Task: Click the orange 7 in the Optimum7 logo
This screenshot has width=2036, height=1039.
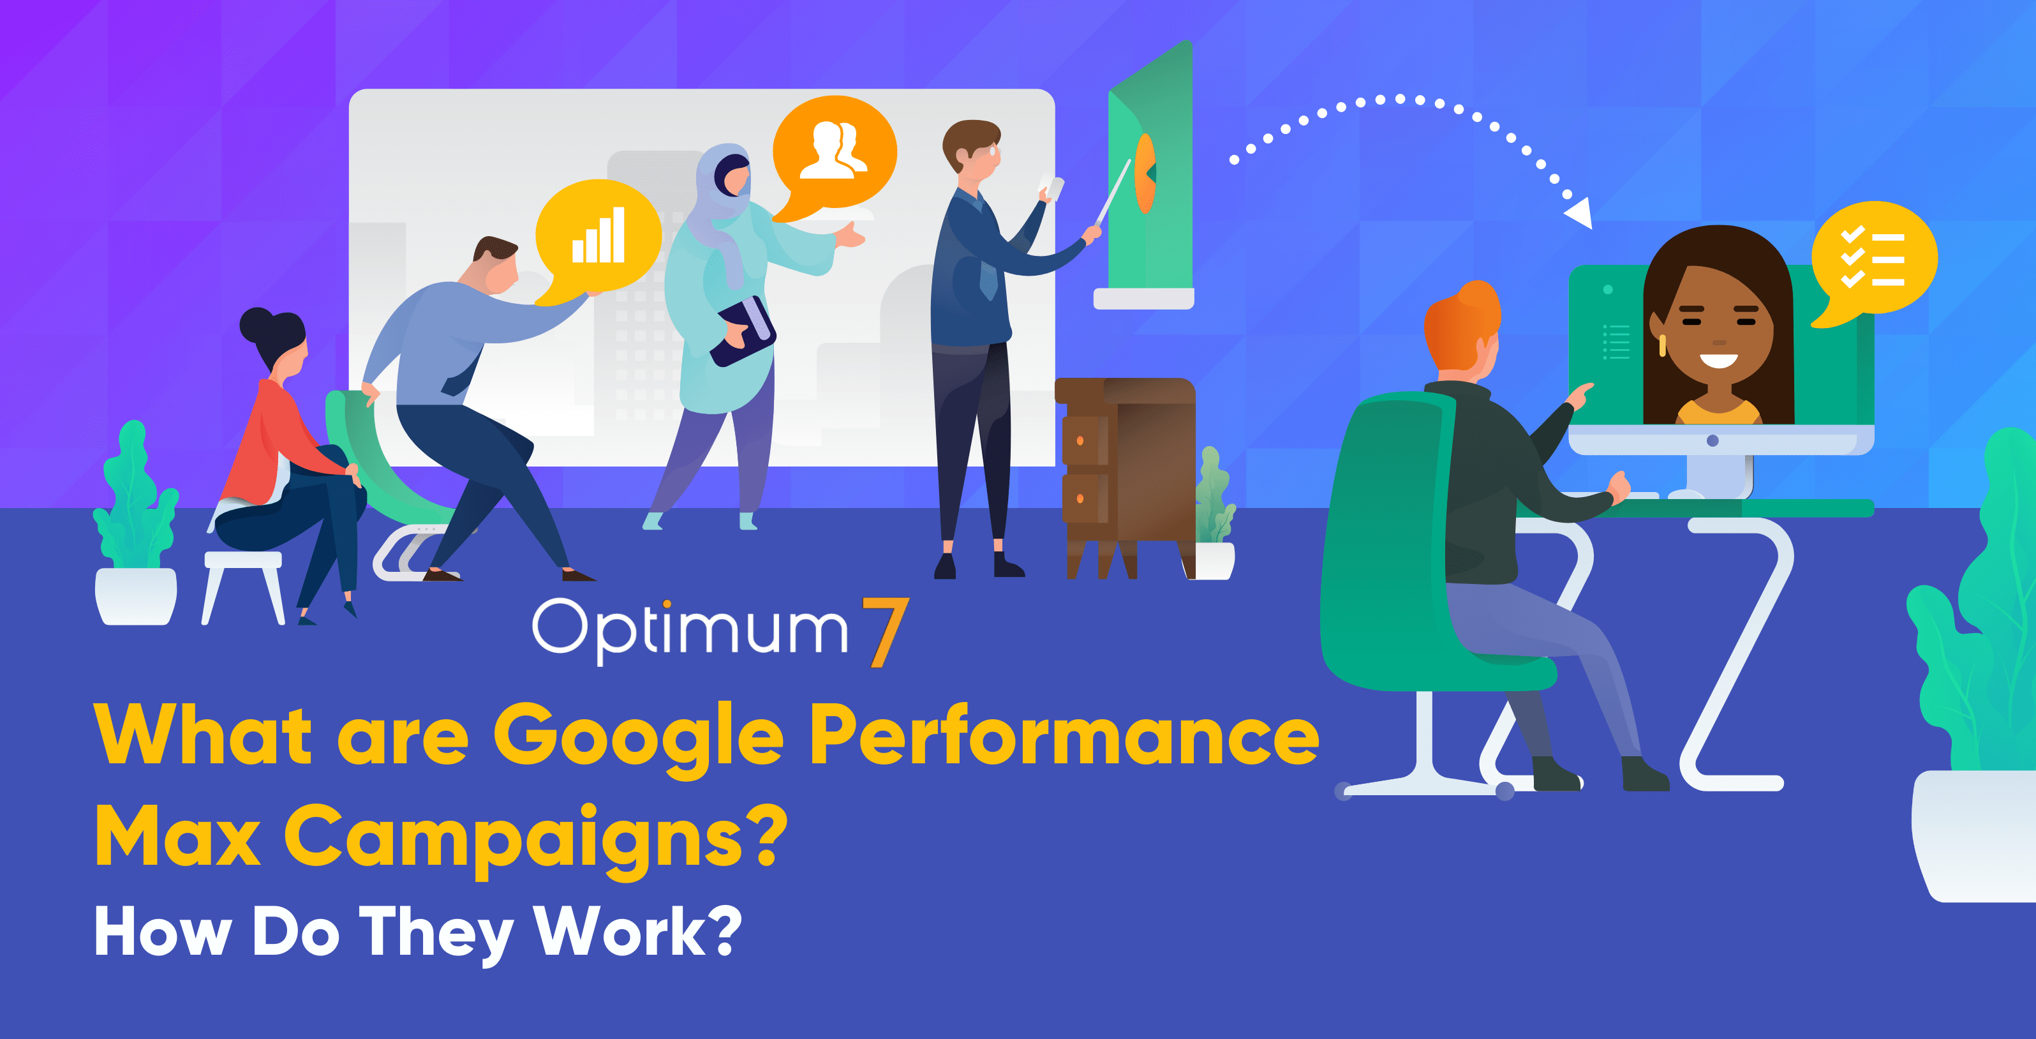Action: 885,632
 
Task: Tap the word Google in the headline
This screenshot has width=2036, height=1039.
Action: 639,739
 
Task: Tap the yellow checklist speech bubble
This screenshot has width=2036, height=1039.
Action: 1873,261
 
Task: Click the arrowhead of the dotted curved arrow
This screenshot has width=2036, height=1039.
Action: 1579,212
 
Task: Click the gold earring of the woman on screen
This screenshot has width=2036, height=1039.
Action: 1662,345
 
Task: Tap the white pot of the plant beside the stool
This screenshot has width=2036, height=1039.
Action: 136,595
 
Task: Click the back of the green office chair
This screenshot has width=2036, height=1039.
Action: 1391,537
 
